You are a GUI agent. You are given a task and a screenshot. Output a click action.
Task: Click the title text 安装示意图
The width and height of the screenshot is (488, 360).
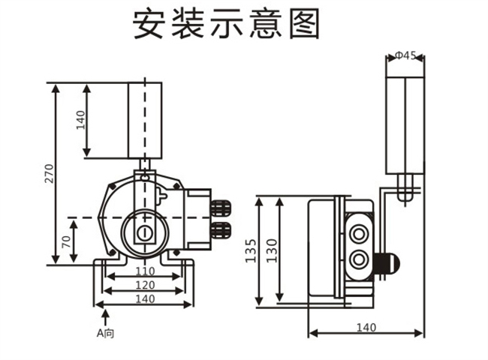(226, 25)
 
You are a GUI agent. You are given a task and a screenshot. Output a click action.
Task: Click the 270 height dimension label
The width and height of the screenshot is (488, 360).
(50, 174)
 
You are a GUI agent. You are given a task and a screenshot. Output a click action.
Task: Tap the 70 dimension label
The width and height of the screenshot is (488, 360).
(67, 241)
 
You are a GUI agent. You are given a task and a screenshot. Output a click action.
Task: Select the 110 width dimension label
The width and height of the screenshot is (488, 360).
(145, 271)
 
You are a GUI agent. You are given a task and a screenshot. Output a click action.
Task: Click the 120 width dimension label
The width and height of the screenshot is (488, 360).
(145, 285)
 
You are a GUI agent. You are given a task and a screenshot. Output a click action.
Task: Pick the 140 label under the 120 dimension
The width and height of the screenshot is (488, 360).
(145, 298)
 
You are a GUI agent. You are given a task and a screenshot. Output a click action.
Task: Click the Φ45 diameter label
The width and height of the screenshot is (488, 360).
(406, 56)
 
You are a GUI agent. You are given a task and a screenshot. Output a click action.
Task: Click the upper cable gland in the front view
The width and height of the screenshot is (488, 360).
(221, 206)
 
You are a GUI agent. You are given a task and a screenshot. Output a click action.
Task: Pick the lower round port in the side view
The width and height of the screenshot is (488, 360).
(359, 260)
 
